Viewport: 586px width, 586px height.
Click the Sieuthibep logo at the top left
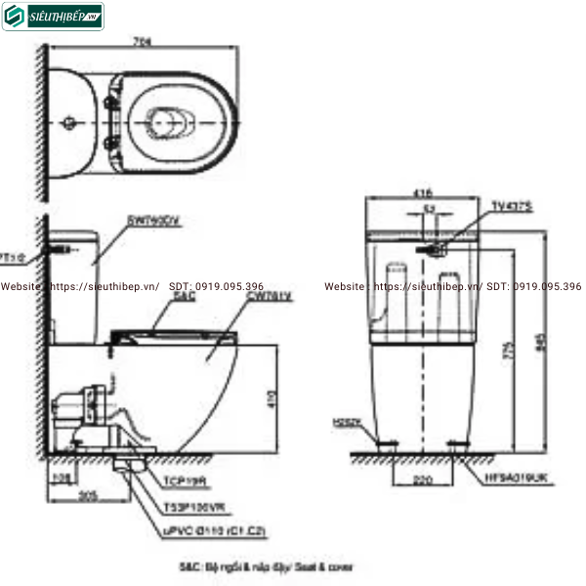53,16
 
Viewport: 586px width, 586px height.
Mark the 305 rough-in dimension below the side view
88,495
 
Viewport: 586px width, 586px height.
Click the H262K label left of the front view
346,422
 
